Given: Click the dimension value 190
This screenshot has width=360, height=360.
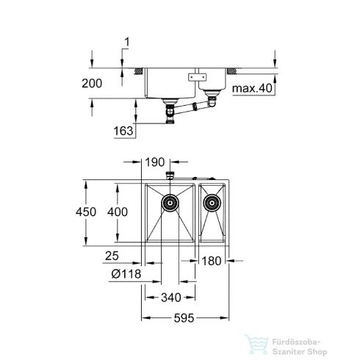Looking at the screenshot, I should pos(154,161).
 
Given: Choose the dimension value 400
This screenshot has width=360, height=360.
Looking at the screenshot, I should pos(129,210).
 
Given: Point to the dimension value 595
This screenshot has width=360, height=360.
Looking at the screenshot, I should pos(186,319).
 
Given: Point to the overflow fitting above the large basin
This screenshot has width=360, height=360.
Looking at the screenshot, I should pos(170,175).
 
